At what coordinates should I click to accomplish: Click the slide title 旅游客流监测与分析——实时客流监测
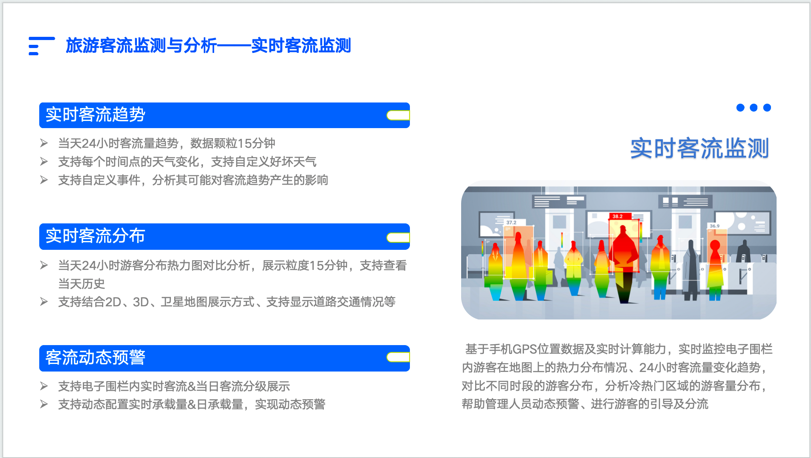point(208,45)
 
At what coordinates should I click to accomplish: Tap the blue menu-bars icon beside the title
point(42,46)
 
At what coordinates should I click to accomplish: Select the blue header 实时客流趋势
point(225,115)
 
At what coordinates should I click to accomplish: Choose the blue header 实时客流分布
point(225,237)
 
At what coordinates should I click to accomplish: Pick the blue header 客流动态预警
point(225,358)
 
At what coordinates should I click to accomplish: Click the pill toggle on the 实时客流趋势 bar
point(398,115)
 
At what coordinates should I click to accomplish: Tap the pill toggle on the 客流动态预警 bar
point(398,357)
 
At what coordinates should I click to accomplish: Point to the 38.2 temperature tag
point(618,216)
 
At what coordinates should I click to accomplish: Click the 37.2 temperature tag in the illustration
point(511,222)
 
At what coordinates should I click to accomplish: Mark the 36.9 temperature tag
point(715,226)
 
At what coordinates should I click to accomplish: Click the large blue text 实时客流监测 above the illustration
point(700,149)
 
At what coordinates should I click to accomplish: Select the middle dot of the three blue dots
point(754,107)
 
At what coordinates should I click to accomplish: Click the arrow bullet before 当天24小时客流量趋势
point(44,143)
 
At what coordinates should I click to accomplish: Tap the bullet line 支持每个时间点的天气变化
point(187,162)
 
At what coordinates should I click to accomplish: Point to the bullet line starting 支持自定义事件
point(193,180)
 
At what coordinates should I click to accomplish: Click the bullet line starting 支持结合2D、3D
point(227,302)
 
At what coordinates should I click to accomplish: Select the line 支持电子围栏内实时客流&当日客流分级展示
point(174,386)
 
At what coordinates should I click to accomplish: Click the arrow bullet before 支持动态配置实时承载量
point(44,404)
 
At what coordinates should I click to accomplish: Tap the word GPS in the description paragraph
point(524,350)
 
